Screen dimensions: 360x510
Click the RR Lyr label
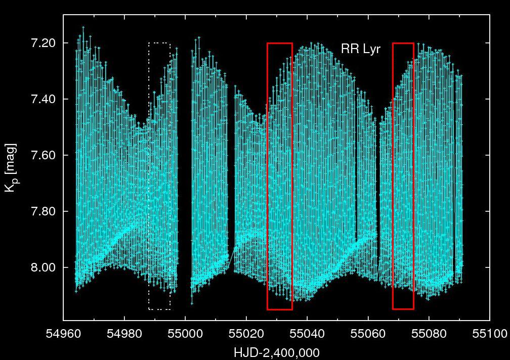pyautogui.click(x=361, y=49)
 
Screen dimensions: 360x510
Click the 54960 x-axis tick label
pyautogui.click(x=63, y=334)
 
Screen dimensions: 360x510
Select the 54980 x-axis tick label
pyautogui.click(x=124, y=334)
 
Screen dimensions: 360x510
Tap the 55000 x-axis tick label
pyautogui.click(x=185, y=334)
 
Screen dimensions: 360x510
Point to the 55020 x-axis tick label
pyautogui.click(x=246, y=334)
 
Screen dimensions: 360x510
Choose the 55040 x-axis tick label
pyautogui.click(x=307, y=334)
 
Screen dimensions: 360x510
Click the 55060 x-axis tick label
pyautogui.click(x=368, y=334)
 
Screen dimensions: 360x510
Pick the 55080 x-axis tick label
pyautogui.click(x=429, y=334)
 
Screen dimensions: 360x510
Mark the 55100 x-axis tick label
pyautogui.click(x=489, y=334)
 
